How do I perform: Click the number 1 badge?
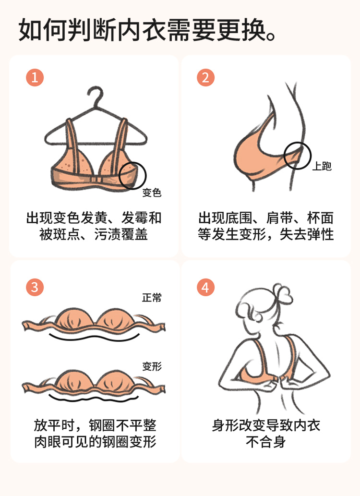point(35,77)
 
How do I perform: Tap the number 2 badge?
point(205,77)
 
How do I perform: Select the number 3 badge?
point(35,287)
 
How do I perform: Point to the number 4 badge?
point(205,287)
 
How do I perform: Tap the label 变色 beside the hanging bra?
point(152,193)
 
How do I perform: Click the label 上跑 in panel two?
point(322,166)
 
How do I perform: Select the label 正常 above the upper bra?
point(152,297)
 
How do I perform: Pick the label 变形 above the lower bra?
point(152,366)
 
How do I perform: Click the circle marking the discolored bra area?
point(132,163)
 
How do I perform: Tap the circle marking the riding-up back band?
point(298,142)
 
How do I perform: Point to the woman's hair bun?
point(283,292)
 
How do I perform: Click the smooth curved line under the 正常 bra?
point(94,339)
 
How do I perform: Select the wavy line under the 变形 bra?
point(94,399)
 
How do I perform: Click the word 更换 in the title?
point(241,30)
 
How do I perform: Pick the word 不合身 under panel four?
point(266,442)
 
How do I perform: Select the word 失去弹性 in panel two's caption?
point(307,234)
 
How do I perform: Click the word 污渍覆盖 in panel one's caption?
point(121,234)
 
